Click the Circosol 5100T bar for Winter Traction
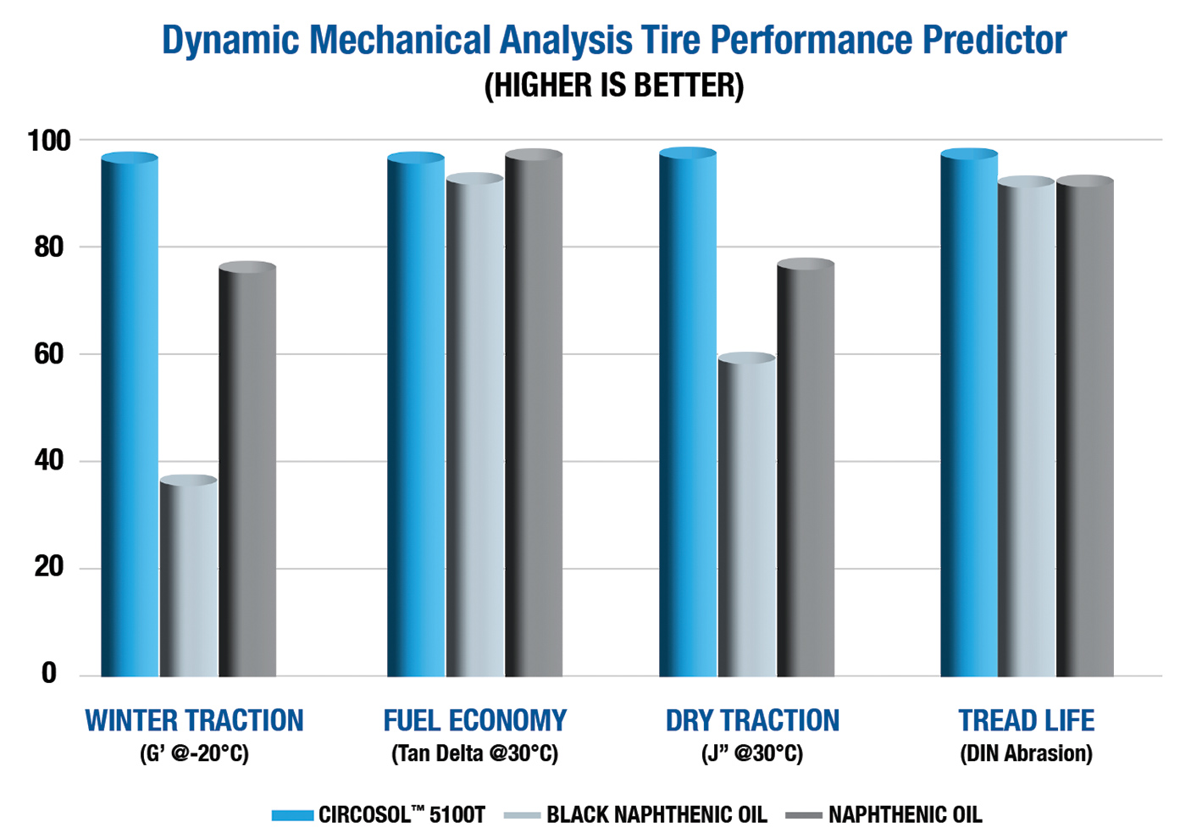point(130,415)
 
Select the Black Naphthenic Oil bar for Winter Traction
point(188,576)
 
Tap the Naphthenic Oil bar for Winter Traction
point(247,470)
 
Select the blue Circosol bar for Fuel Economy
point(416,415)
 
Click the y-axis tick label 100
point(49,141)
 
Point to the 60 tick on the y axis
point(49,354)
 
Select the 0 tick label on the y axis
point(49,674)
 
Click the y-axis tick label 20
point(49,567)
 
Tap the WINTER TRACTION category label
point(194,720)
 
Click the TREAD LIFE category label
point(1026,720)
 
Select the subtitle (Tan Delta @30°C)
point(474,753)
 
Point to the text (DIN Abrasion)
point(1026,753)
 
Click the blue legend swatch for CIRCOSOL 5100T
point(292,815)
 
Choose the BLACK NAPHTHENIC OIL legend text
point(656,815)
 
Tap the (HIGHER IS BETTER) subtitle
point(613,86)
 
